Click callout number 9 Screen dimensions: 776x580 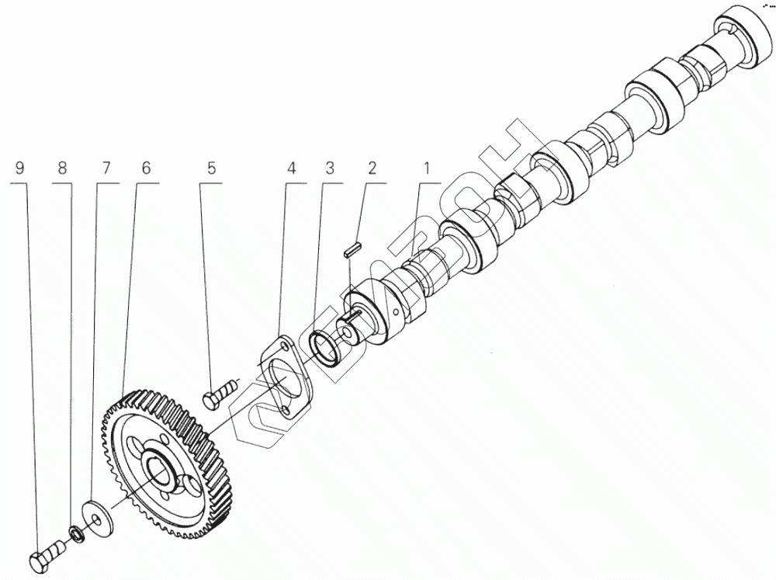click(20, 168)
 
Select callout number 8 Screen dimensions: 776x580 click(62, 168)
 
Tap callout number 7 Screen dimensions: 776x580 click(105, 168)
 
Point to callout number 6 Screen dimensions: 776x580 click(146, 168)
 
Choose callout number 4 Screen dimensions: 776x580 click(290, 168)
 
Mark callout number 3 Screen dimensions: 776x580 click(330, 168)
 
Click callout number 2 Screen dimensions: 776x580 click(372, 168)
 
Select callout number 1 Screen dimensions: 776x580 click(425, 168)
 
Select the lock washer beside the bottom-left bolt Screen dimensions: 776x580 click(77, 534)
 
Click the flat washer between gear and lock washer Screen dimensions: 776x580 click(99, 513)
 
